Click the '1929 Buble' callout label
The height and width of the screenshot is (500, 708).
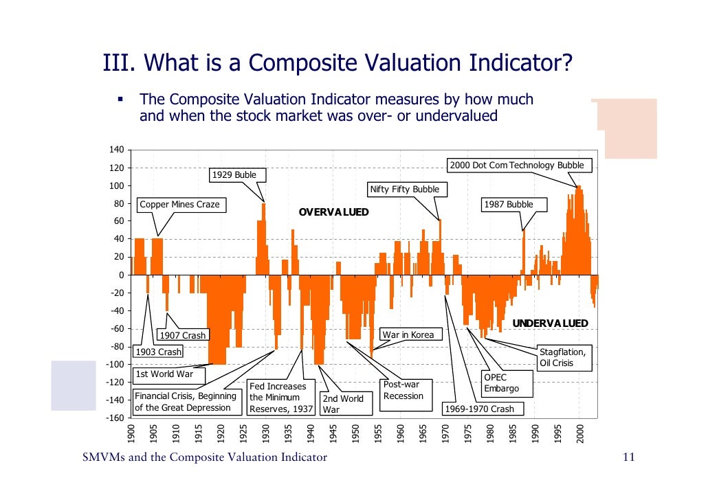(x=234, y=174)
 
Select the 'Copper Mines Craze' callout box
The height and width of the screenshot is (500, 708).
(x=180, y=205)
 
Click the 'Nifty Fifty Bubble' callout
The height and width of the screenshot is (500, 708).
(x=404, y=190)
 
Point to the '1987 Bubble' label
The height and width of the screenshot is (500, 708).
(x=508, y=205)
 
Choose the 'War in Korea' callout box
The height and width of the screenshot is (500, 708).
(x=408, y=334)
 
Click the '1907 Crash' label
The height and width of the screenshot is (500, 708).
(x=182, y=335)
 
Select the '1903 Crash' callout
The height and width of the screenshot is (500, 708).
(x=158, y=352)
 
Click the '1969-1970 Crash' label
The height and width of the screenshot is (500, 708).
(x=480, y=409)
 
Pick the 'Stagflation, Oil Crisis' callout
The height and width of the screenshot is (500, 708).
(x=562, y=357)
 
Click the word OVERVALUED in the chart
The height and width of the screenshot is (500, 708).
(x=333, y=212)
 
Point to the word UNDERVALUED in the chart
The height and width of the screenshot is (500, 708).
(x=550, y=323)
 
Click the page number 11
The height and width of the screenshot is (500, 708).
(x=627, y=459)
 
